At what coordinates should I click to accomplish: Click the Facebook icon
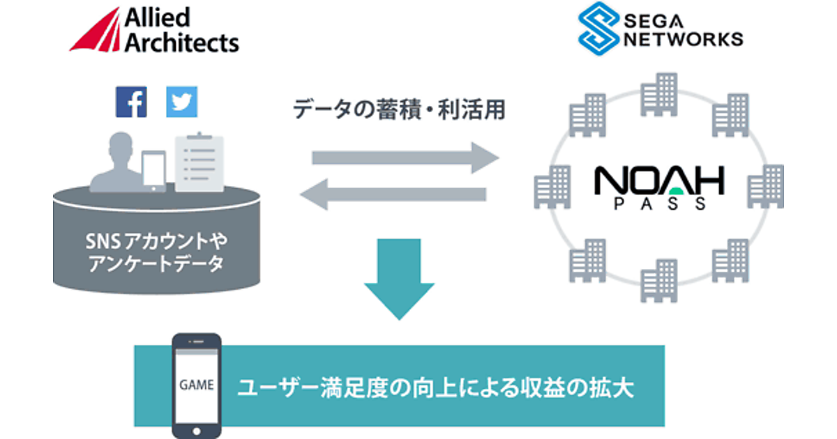[131, 102]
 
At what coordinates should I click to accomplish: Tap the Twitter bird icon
[181, 102]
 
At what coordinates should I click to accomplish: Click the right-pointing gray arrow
[405, 157]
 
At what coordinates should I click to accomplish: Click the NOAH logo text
[658, 182]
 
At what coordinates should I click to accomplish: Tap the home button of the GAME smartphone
[197, 429]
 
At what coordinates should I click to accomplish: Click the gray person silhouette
[116, 164]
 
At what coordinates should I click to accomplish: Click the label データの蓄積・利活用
[398, 109]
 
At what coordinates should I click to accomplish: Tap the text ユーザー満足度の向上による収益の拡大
[435, 387]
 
